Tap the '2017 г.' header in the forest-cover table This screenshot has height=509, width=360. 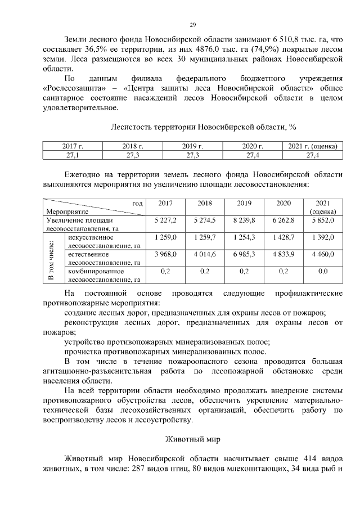tap(73, 146)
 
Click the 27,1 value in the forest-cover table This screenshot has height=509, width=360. tap(73, 154)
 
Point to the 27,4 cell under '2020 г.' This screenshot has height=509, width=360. tap(253, 154)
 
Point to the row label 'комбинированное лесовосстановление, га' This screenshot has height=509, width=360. tap(103, 275)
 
